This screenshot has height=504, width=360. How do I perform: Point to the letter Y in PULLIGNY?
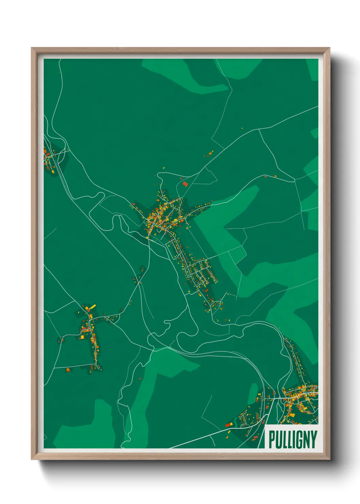[314, 440]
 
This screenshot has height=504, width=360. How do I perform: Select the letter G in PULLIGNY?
[299, 440]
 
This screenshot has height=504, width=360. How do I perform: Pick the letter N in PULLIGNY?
[307, 440]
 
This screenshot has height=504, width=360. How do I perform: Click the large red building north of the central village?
[185, 184]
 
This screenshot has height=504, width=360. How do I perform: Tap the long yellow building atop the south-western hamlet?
[92, 308]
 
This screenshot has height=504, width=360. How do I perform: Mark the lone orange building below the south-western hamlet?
[68, 369]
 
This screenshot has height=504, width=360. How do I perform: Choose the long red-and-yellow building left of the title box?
[229, 424]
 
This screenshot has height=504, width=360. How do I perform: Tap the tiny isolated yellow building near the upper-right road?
[242, 128]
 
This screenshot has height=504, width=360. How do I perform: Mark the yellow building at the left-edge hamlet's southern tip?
[53, 171]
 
